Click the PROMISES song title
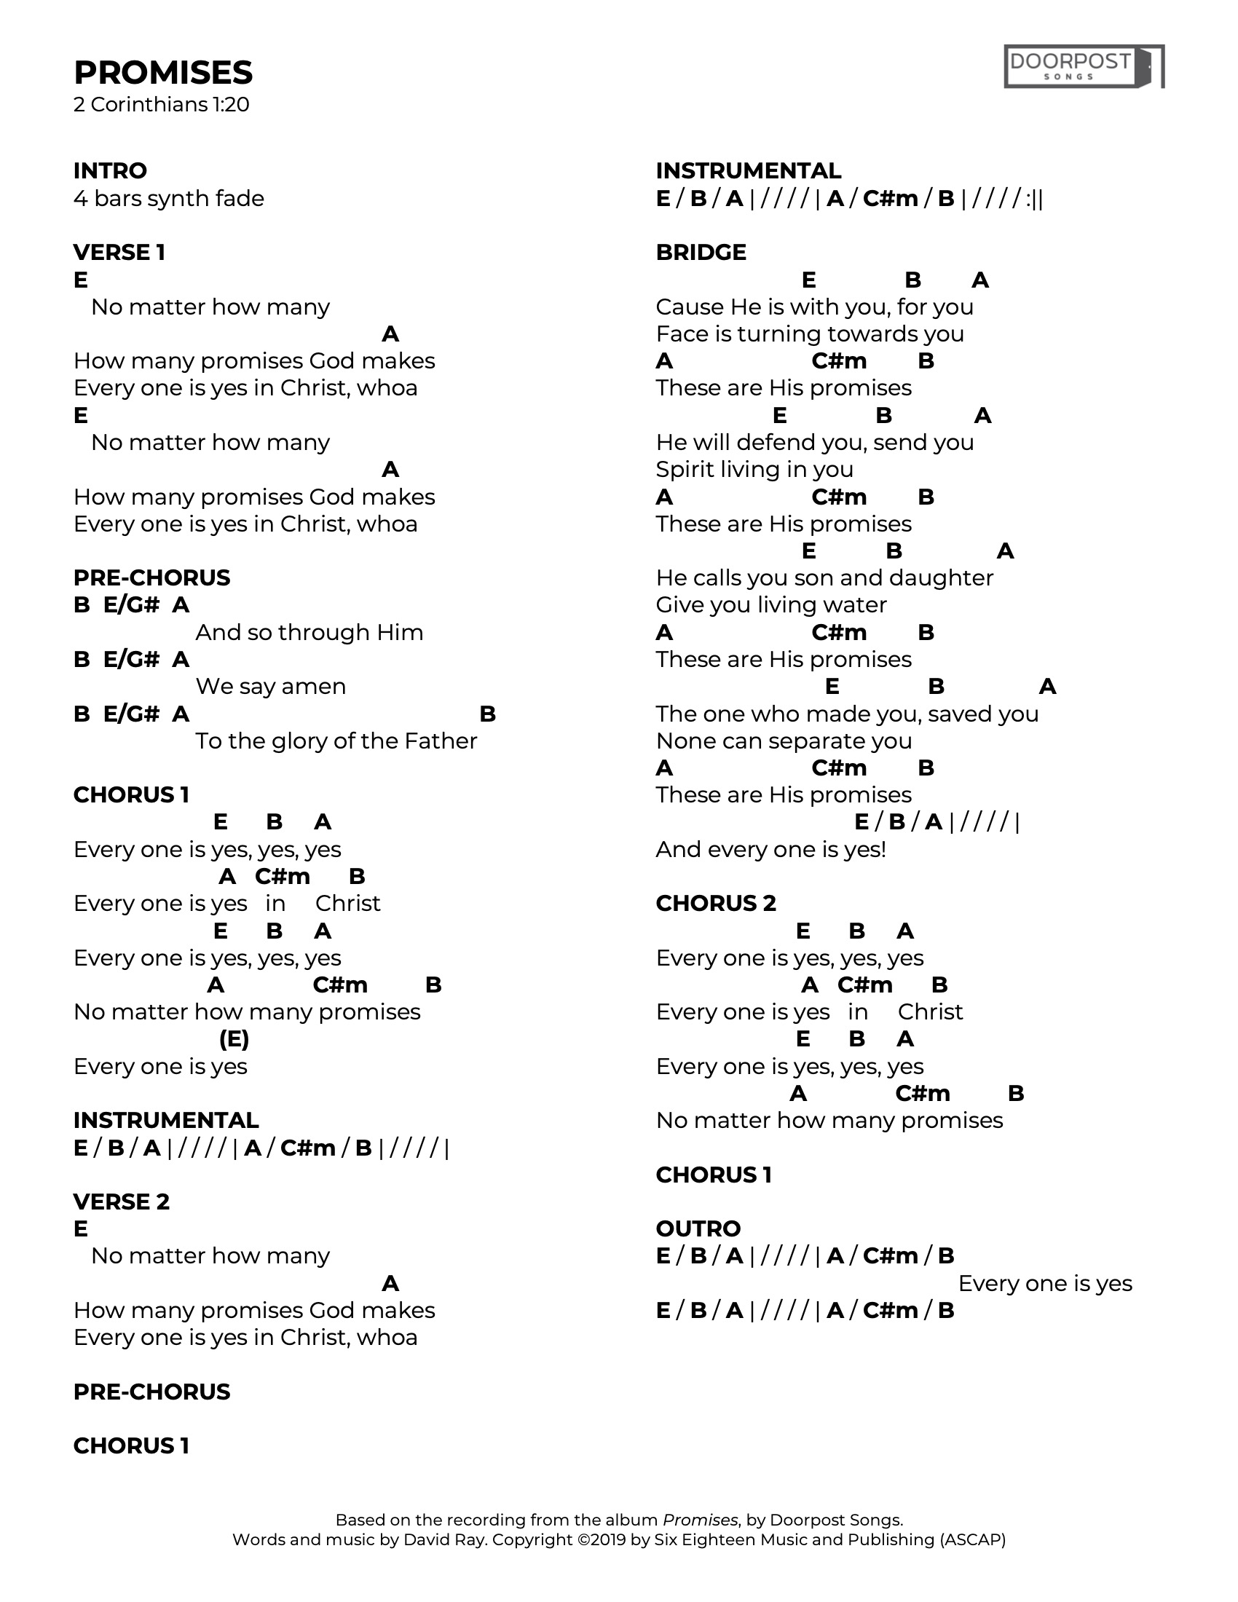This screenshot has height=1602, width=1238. (x=163, y=73)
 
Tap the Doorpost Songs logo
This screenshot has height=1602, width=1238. (x=1084, y=67)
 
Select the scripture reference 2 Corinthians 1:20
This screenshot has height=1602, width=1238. (x=162, y=105)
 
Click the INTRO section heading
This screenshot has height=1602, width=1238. (x=110, y=170)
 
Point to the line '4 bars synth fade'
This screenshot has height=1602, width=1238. (x=169, y=198)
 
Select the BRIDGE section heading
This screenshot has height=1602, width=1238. (x=701, y=252)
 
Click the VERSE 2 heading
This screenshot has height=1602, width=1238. (x=121, y=1201)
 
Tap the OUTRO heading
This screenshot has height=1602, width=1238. (x=698, y=1228)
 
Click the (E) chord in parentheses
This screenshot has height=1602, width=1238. (x=234, y=1038)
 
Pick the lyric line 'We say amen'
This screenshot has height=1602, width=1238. (x=271, y=687)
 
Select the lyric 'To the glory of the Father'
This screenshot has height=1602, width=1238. (x=336, y=741)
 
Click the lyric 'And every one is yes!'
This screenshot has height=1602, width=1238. (x=770, y=849)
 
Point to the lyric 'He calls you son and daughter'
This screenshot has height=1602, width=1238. (x=824, y=578)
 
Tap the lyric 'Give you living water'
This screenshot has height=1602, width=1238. (x=770, y=604)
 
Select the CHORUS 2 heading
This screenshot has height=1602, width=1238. (x=716, y=903)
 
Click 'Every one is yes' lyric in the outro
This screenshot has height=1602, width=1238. (x=1045, y=1283)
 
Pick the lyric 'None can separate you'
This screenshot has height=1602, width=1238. (x=784, y=741)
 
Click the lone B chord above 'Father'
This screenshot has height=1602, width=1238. (x=487, y=714)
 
